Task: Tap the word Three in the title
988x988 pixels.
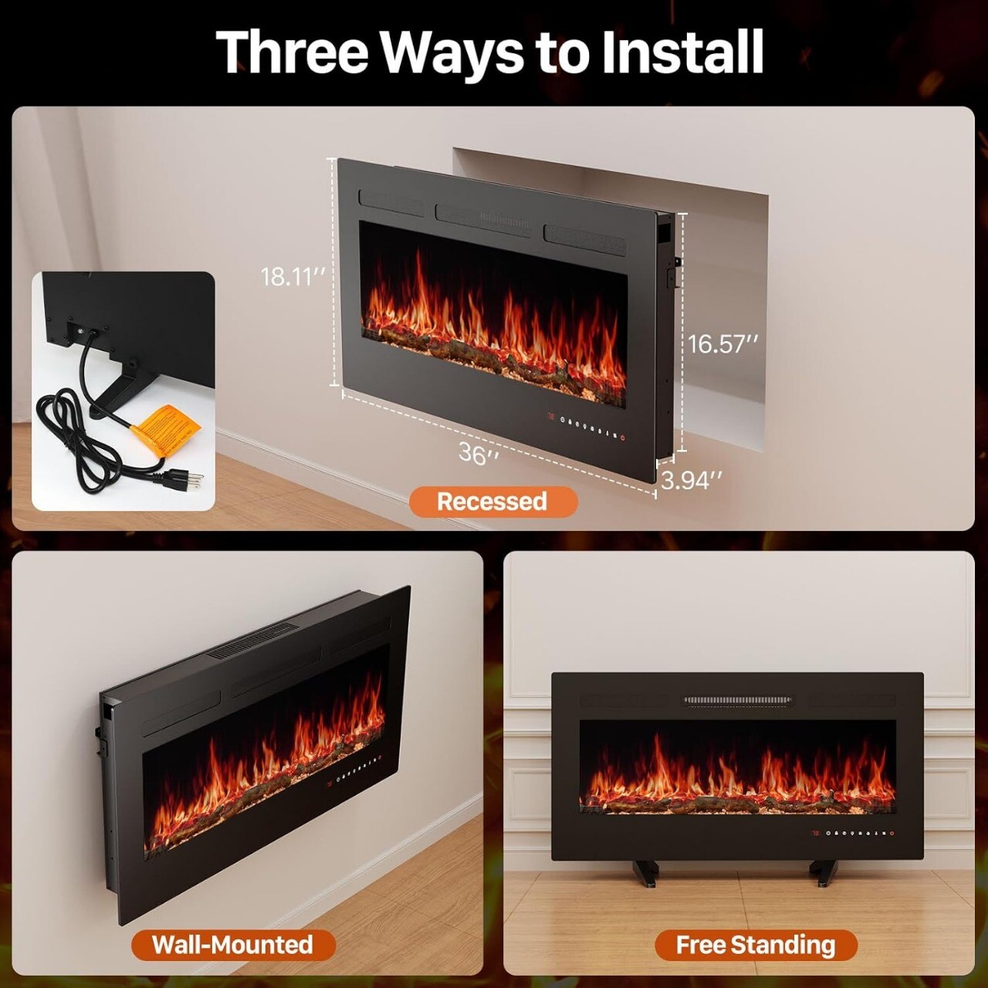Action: click(x=293, y=52)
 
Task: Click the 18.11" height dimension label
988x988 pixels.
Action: click(x=292, y=276)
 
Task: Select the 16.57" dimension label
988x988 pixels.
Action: click(x=723, y=343)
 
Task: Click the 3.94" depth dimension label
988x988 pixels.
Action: click(x=692, y=480)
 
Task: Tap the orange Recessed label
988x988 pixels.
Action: click(x=492, y=502)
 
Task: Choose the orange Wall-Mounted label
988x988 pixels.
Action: click(x=232, y=945)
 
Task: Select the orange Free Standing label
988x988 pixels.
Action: click(x=756, y=945)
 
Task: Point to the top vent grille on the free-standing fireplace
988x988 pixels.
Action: click(x=737, y=701)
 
